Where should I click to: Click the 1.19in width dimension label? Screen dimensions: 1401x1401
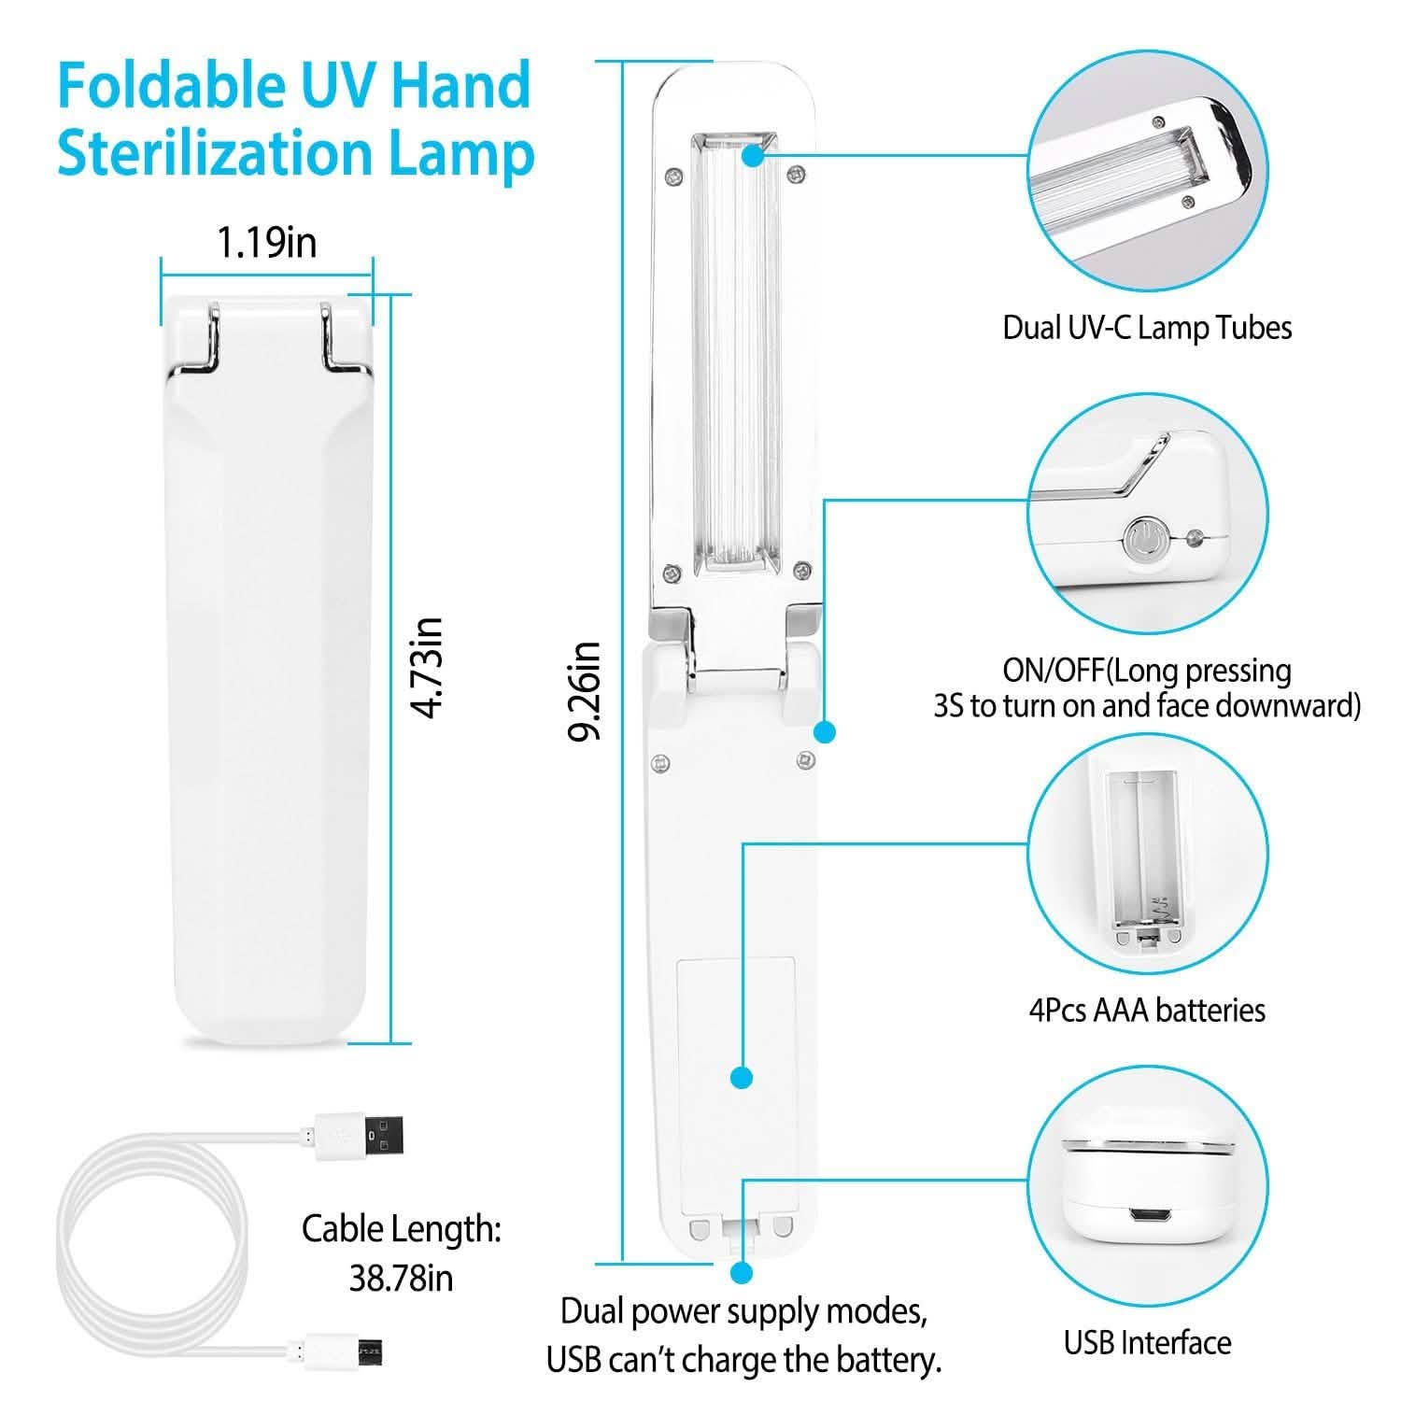point(267,242)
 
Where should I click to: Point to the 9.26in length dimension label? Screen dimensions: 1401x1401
point(586,691)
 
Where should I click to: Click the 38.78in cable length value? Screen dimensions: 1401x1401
point(401,1278)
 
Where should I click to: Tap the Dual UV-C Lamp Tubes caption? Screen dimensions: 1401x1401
point(1147,328)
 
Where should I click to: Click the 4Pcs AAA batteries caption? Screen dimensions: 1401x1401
point(1147,1010)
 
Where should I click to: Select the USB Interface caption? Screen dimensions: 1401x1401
point(1147,1342)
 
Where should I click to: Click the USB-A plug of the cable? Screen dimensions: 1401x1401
point(363,1136)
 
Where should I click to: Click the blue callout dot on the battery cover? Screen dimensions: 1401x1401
point(742,1078)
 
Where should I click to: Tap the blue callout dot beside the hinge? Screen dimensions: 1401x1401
point(825,731)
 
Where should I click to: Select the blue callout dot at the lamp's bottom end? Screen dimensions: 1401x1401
point(743,1272)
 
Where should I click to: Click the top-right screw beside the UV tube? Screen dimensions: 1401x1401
point(796,173)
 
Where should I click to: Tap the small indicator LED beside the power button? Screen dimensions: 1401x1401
point(1191,538)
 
